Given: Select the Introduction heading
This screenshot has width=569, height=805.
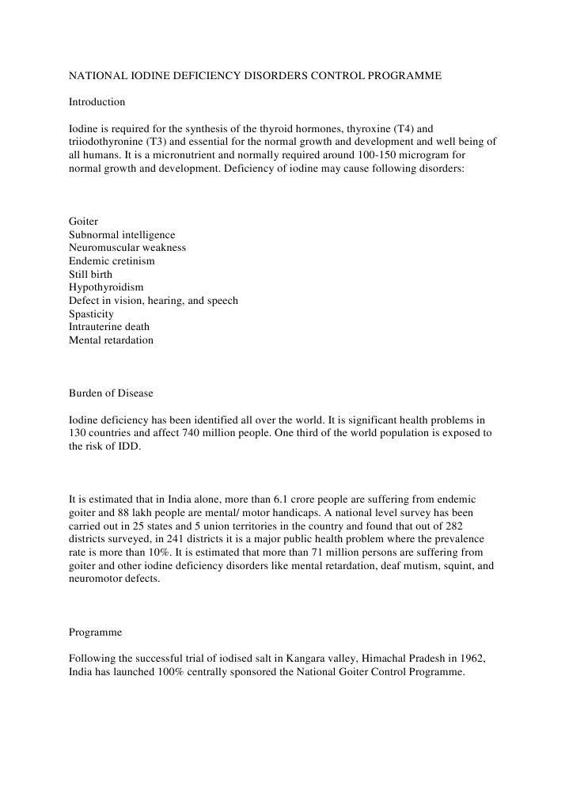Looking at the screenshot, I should pos(97,102).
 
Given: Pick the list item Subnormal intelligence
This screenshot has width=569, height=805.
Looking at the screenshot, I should pos(122,235).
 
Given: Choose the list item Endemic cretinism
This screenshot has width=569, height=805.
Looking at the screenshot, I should pos(112,261).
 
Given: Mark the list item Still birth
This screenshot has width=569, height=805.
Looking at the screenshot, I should pos(90,275).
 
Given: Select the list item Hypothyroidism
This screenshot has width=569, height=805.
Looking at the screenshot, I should pos(106,287).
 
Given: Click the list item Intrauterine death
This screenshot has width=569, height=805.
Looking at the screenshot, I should pos(108,327).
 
